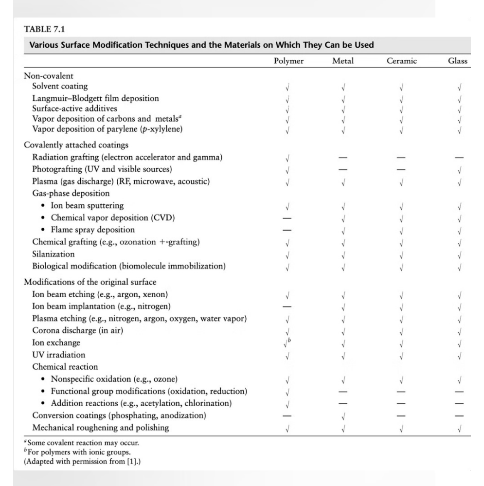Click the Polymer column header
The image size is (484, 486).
pos(289,61)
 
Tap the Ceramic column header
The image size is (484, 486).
pos(401,61)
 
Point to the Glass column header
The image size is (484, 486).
pos(458,61)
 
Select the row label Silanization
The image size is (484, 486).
pos(54,254)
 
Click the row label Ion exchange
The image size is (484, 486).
pos(56,342)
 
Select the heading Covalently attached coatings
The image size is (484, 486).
pos(79,145)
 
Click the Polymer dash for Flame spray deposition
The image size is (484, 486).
pos(288,230)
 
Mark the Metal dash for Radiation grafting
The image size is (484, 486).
pos(343,158)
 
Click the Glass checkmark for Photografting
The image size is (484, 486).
pos(460,170)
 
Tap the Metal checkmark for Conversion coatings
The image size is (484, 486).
pos(343,416)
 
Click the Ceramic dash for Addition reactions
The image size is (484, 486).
pos(402,404)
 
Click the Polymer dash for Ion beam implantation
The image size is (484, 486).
pos(288,307)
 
